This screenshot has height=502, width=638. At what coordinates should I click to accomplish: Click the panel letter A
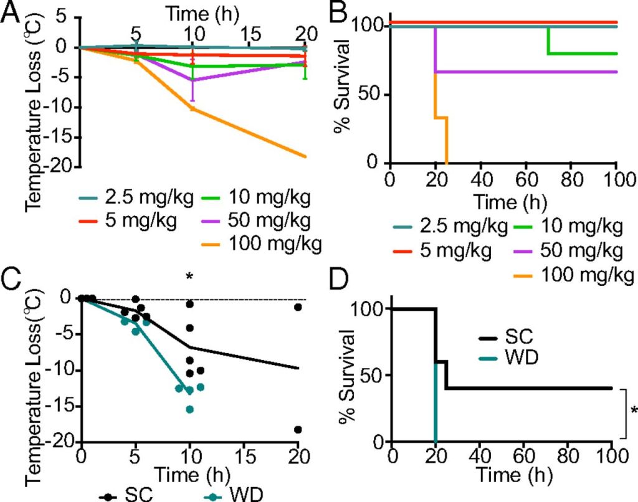12,14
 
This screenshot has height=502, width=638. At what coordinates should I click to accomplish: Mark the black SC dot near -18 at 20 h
298,429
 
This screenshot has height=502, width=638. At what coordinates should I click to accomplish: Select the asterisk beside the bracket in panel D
632,412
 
